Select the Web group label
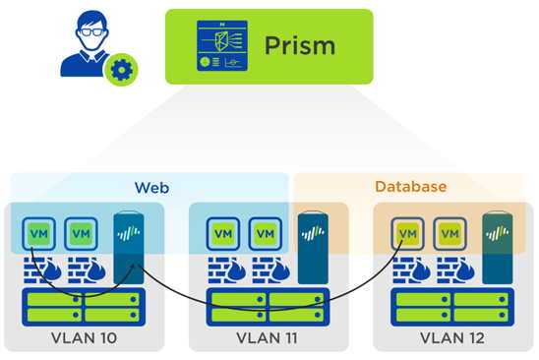click(149, 186)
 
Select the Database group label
click(410, 186)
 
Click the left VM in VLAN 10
click(39, 235)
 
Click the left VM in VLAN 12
click(407, 235)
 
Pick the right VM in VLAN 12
click(449, 235)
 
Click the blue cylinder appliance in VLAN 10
click(128, 246)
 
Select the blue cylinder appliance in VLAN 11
click(312, 246)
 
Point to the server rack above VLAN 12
click(450, 306)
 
